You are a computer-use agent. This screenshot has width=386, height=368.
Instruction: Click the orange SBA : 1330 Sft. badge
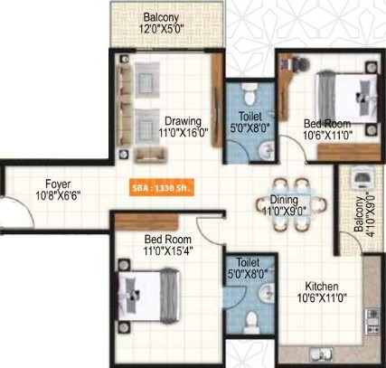(x=162, y=188)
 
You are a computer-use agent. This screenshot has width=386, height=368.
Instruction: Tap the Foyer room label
(x=58, y=184)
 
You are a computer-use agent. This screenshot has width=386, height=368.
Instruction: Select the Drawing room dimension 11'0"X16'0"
(x=184, y=133)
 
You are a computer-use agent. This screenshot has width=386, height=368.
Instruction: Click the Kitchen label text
(x=322, y=286)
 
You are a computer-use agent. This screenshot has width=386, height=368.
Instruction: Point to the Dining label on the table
(x=284, y=200)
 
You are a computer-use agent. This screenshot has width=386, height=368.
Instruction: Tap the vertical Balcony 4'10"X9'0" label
(x=364, y=214)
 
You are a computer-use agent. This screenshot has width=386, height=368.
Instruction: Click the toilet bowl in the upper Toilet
(x=249, y=93)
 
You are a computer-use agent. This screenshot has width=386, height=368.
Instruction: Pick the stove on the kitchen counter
(x=373, y=321)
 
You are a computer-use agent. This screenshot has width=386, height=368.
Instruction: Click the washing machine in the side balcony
(x=361, y=180)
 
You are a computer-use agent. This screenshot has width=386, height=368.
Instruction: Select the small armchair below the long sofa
(x=150, y=156)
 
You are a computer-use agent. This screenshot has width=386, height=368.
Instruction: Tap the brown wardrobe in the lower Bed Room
(x=146, y=222)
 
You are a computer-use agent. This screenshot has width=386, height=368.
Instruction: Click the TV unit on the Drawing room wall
(x=217, y=100)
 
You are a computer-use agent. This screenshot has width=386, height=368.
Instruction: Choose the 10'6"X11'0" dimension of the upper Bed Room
(x=327, y=135)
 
